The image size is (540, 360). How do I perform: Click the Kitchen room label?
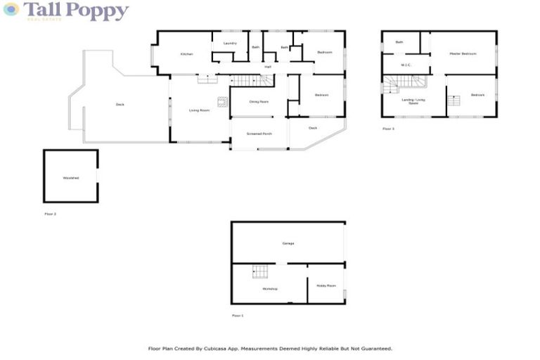186,54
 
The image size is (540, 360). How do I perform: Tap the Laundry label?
230,44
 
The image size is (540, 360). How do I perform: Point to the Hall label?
268,67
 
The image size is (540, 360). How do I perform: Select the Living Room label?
200,110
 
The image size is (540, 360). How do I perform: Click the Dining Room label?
259,102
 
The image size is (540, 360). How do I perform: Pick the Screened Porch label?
259,134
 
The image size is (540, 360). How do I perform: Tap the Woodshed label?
70,178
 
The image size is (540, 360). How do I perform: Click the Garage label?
288,243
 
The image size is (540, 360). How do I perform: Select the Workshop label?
270,289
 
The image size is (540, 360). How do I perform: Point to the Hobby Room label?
326,285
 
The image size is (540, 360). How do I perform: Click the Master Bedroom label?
463,54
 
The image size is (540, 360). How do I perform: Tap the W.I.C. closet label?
406,65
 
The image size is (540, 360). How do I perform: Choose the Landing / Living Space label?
413,102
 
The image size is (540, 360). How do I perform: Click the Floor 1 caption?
238,316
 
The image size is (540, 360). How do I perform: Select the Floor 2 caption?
50,214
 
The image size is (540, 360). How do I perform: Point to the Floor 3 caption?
388,129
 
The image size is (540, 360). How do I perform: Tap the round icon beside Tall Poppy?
11,9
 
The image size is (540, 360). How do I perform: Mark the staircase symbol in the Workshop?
260,271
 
